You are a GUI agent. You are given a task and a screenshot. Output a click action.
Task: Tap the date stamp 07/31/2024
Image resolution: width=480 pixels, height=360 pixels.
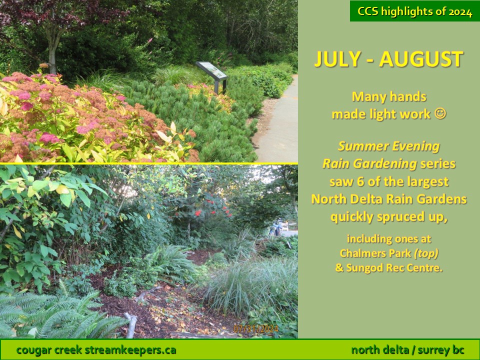(x=256, y=329)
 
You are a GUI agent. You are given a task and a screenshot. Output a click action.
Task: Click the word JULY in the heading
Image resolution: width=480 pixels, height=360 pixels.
(x=337, y=59)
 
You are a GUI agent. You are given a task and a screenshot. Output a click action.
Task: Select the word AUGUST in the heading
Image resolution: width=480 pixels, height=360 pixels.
(x=421, y=59)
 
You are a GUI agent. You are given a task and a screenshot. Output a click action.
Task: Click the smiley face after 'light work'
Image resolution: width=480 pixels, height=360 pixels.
(x=440, y=114)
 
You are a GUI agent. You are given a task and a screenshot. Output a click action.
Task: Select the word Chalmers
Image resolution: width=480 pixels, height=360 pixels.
(x=357, y=253)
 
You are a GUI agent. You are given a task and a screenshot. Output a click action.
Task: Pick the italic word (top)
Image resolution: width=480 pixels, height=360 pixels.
(x=426, y=253)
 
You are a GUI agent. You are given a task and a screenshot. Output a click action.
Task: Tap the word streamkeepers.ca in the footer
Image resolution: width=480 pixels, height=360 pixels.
(x=130, y=350)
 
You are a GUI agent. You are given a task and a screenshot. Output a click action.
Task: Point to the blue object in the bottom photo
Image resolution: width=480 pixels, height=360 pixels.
(x=275, y=228)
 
